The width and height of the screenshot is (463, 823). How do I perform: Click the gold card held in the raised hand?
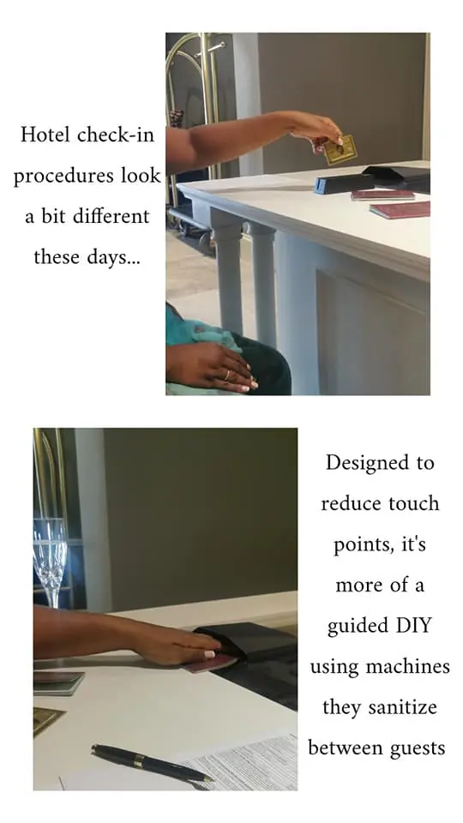340,149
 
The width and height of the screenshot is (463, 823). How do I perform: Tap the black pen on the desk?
152,763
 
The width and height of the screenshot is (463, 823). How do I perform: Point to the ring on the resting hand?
227,375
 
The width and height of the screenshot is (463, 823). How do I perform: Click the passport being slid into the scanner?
210,664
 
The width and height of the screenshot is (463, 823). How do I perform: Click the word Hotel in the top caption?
45,135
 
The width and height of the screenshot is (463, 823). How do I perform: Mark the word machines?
407,666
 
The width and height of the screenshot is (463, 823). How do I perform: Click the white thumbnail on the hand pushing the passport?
209,654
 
